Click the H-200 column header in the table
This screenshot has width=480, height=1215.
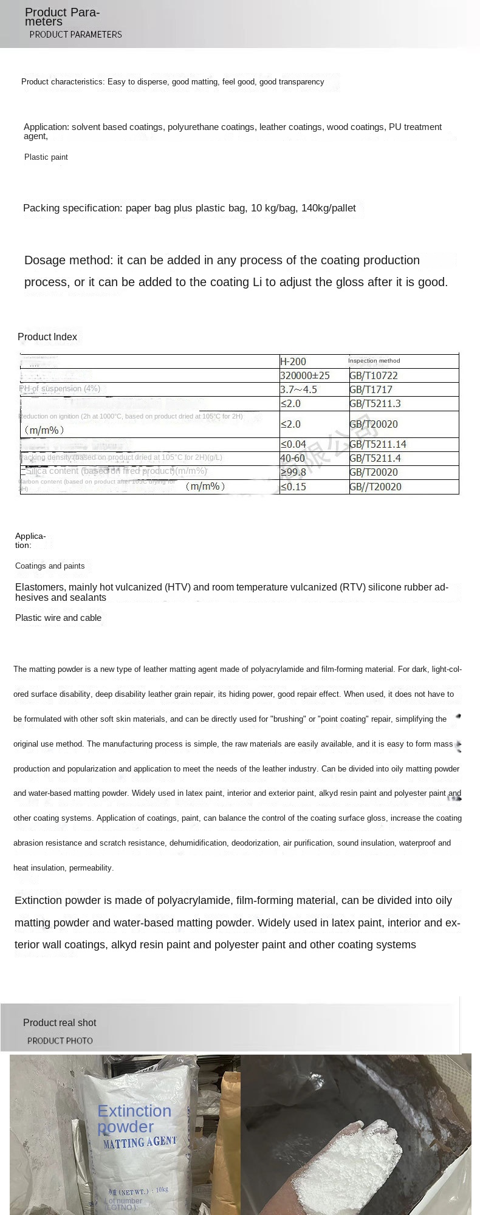pyautogui.click(x=293, y=361)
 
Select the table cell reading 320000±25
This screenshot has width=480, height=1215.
pyautogui.click(x=304, y=375)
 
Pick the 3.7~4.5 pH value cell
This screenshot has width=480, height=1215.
pyautogui.click(x=298, y=389)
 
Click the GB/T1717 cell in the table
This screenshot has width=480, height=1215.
pyautogui.click(x=371, y=389)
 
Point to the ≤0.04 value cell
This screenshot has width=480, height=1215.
pyautogui.click(x=293, y=444)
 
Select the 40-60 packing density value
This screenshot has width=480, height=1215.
pyautogui.click(x=292, y=458)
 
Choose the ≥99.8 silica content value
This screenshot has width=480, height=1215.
pyautogui.click(x=293, y=472)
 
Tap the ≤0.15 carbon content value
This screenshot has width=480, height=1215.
pyautogui.click(x=293, y=487)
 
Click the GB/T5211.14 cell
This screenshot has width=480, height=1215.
pyautogui.click(x=377, y=444)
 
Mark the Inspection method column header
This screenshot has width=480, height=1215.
pyautogui.click(x=374, y=361)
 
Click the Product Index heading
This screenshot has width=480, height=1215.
pyautogui.click(x=47, y=337)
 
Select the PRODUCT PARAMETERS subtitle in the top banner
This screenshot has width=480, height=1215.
pyautogui.click(x=75, y=35)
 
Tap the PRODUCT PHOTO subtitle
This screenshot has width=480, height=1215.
pyautogui.click(x=60, y=1041)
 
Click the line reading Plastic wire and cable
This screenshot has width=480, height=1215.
pyautogui.click(x=58, y=618)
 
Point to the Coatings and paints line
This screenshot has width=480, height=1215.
pyautogui.click(x=50, y=566)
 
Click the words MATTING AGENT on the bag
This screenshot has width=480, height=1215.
pyautogui.click(x=139, y=1143)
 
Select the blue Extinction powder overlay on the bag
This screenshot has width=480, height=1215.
pyautogui.click(x=134, y=1118)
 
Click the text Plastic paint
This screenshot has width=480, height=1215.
pyautogui.click(x=46, y=157)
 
